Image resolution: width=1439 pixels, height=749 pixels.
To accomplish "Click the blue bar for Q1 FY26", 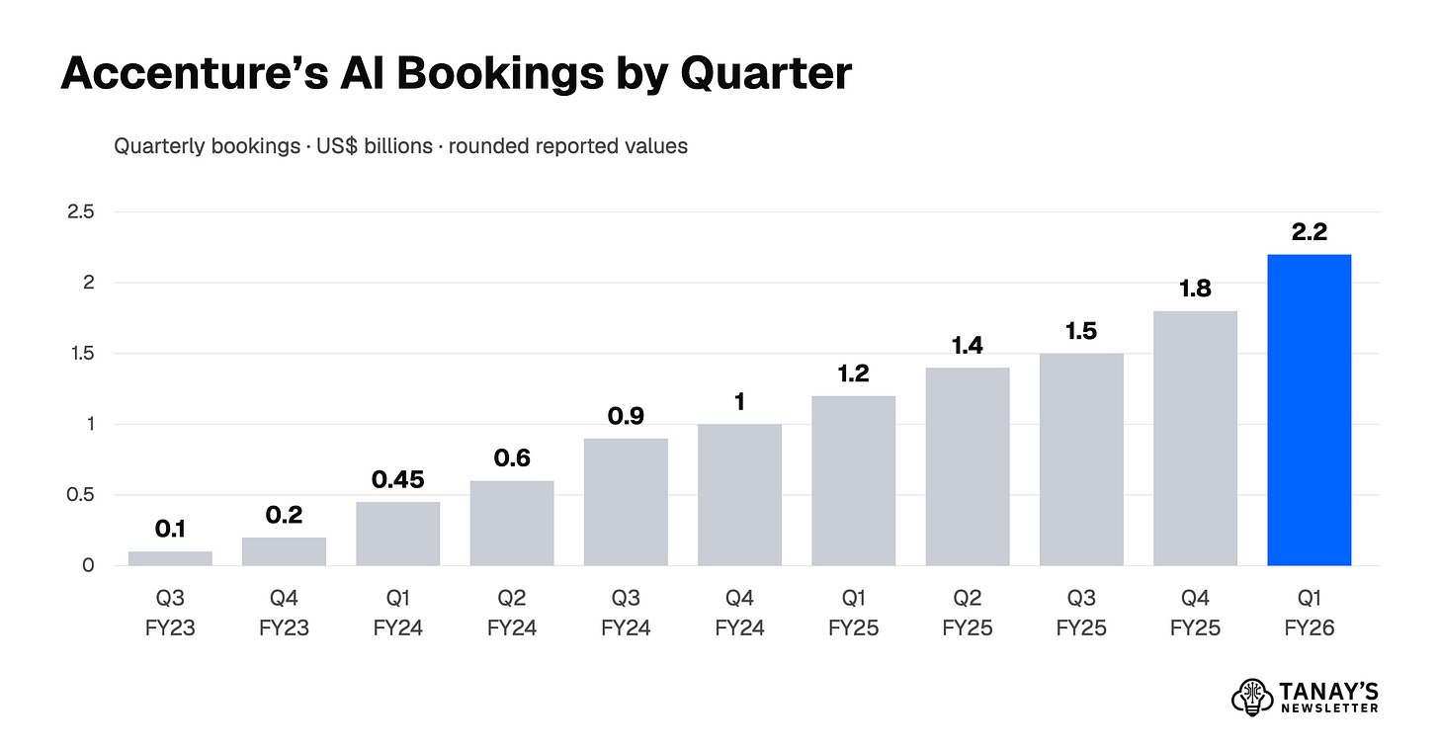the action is pos(1309,410).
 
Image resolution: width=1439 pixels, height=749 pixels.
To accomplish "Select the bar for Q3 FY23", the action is pos(170,558).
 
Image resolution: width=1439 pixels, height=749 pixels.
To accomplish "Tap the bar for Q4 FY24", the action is pos(739,495).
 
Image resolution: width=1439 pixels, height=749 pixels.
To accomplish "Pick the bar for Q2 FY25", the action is pos(968,466).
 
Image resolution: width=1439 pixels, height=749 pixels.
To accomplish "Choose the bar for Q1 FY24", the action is pos(397,534).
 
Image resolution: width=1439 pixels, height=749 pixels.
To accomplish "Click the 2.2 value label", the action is pos(1310,232).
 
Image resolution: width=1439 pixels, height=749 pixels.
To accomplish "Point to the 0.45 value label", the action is pos(397,479).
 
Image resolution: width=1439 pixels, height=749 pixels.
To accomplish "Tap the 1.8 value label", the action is pos(1195,289).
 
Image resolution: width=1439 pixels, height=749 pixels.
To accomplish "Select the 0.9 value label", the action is pos(626,416).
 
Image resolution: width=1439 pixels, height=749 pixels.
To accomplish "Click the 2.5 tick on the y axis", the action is pos(80,211).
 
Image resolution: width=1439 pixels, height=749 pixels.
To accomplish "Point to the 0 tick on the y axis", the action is pos(88,565).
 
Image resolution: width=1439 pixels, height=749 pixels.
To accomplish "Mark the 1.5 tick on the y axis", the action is pos(82,354).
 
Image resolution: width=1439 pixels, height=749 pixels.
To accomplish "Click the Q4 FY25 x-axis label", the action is pos(1195,613).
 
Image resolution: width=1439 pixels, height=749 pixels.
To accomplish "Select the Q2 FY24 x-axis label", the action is pos(511,613).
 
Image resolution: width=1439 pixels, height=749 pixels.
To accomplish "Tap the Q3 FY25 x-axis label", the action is pos(1081,613).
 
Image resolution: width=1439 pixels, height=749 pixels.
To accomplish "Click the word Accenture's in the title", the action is pos(195,72).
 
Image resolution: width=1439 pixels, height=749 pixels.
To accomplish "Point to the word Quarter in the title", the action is pos(766,74).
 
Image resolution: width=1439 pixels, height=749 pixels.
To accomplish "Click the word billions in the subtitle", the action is pos(398,146).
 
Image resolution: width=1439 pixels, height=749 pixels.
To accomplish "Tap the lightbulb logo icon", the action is pos(1251,697).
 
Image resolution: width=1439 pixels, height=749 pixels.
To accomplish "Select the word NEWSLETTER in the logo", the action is pos(1330,707).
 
